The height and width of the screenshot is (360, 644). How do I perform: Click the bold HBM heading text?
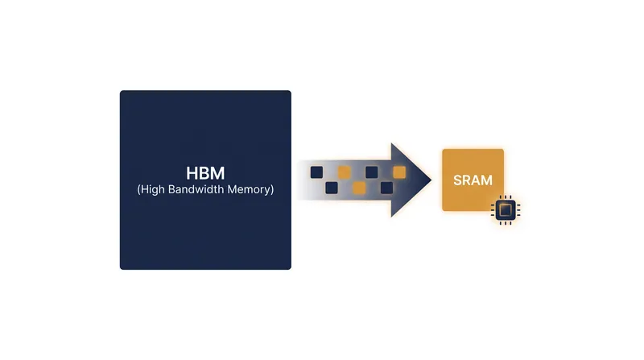pyautogui.click(x=205, y=173)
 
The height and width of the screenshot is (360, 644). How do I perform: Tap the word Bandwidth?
pyautogui.click(x=196, y=189)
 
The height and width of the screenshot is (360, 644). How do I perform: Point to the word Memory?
pyautogui.click(x=249, y=190)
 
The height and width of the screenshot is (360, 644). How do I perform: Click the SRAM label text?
pyautogui.click(x=473, y=180)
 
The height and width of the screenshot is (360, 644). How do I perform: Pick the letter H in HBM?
pyautogui.click(x=192, y=173)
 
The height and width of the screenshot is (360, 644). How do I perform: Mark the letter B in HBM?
pyautogui.click(x=205, y=173)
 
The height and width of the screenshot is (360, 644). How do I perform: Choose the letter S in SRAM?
pyautogui.click(x=457, y=180)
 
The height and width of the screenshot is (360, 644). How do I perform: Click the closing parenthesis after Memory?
pyautogui.click(x=271, y=189)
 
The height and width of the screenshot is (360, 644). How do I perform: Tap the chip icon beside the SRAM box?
pyautogui.click(x=506, y=210)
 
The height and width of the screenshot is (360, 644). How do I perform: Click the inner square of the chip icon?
pyautogui.click(x=506, y=210)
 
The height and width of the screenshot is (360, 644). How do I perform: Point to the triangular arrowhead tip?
pyautogui.click(x=431, y=180)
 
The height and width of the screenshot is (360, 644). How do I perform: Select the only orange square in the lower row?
pyautogui.click(x=359, y=188)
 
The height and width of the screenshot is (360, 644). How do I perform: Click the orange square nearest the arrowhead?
pyautogui.click(x=399, y=172)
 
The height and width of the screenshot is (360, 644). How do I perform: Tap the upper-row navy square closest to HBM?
pyautogui.click(x=316, y=172)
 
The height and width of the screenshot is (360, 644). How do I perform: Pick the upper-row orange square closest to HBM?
pyautogui.click(x=345, y=172)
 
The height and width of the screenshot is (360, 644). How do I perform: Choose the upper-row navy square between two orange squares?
pyautogui.click(x=372, y=172)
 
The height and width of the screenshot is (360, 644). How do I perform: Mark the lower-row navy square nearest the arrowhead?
pyautogui.click(x=386, y=188)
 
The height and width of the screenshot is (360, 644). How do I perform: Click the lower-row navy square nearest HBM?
pyautogui.click(x=332, y=188)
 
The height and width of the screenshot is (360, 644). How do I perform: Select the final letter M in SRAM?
pyautogui.click(x=487, y=180)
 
